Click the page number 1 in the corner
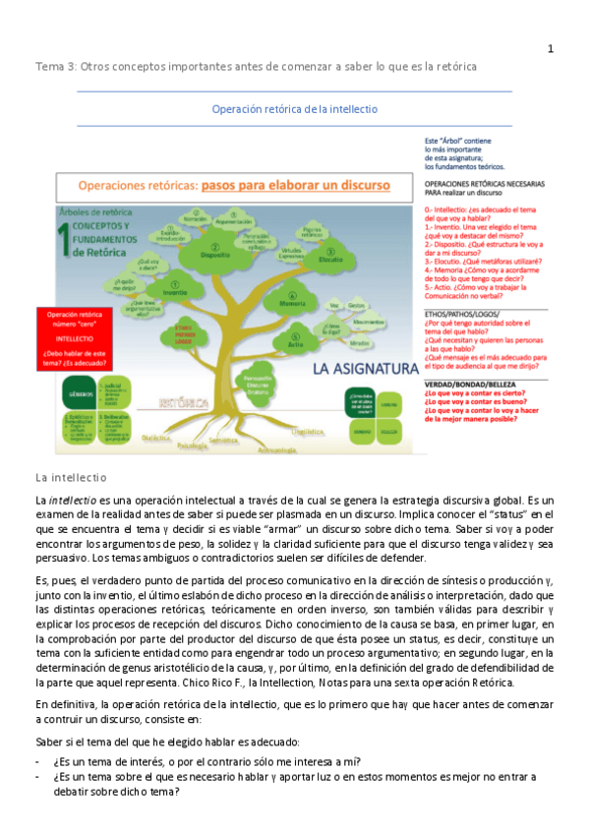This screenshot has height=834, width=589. (551, 49)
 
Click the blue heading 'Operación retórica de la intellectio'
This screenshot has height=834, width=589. (295, 109)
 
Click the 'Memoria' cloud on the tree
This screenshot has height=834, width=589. (292, 305)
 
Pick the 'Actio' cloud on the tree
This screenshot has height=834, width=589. (295, 345)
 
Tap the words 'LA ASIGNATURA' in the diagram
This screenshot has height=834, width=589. (361, 370)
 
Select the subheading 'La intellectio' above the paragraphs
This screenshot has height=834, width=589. (70, 477)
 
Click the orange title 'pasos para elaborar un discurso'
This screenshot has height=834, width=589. (295, 185)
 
